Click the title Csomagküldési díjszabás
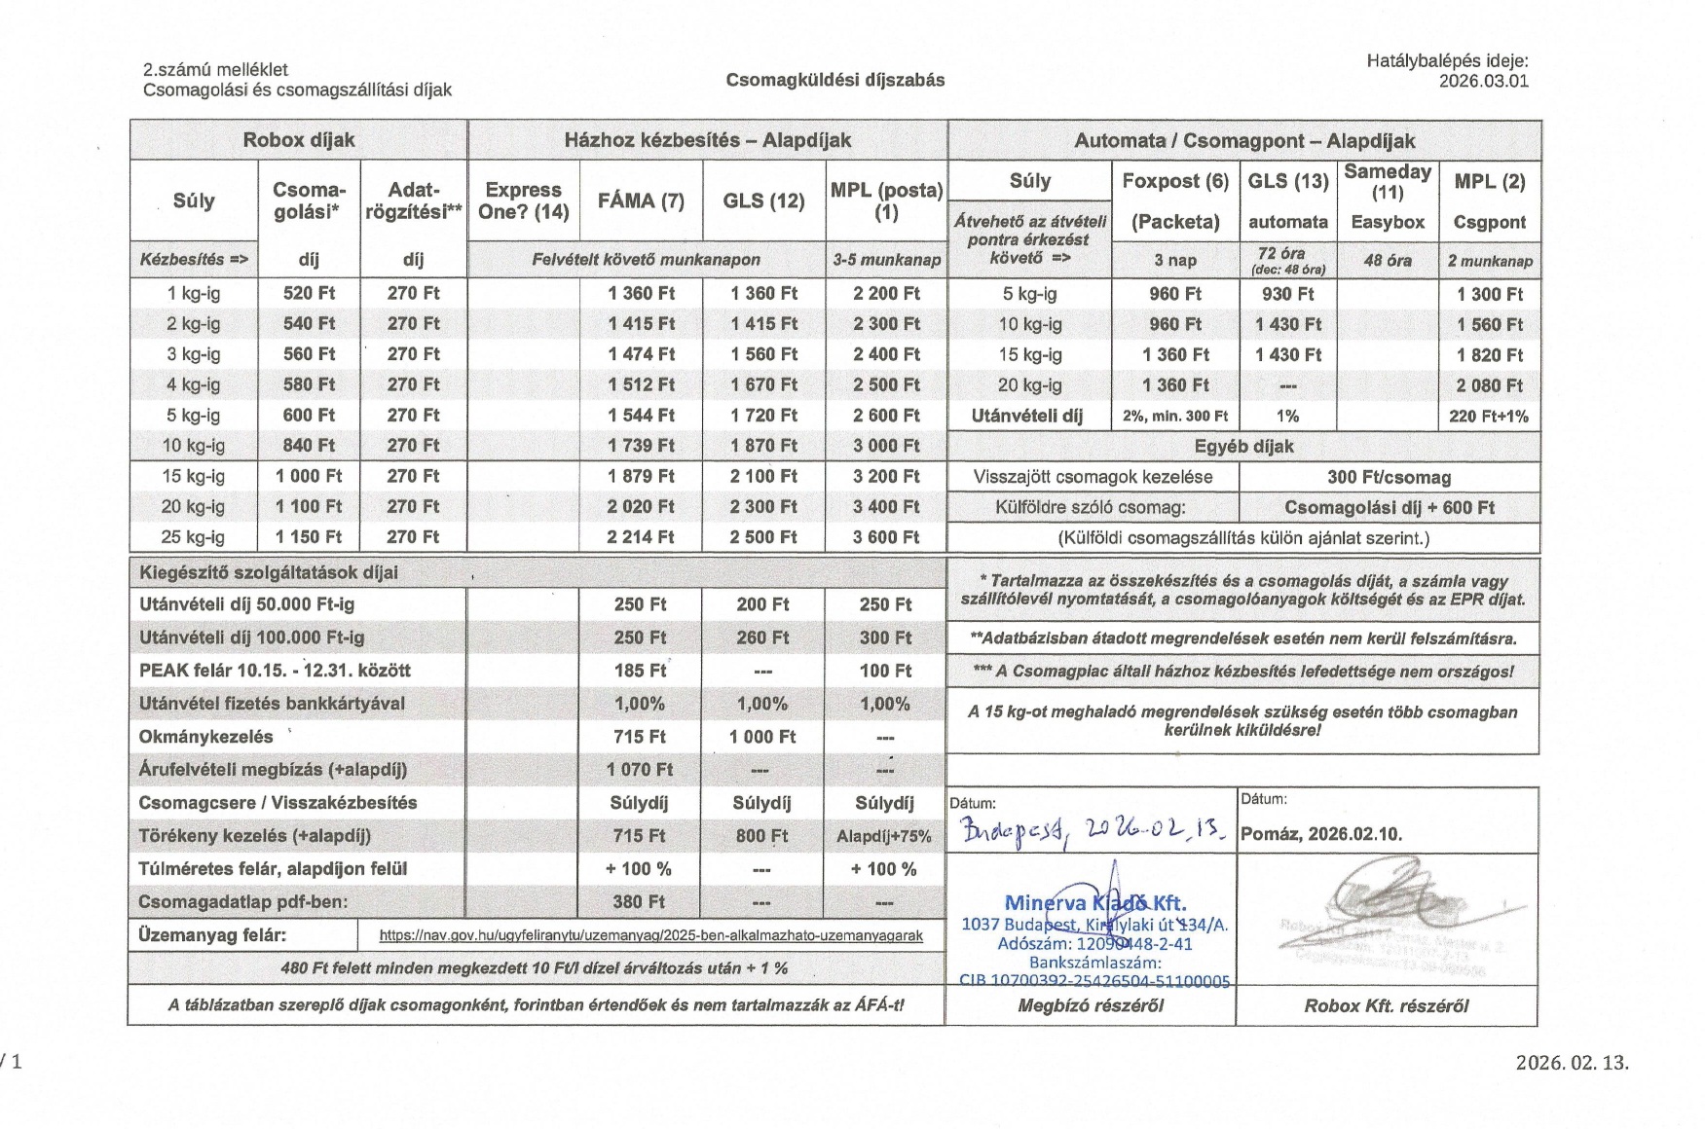click(834, 80)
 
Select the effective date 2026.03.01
click(1483, 81)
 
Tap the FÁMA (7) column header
click(641, 200)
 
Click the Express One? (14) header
click(523, 200)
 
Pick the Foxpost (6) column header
click(1175, 181)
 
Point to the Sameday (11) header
click(1387, 181)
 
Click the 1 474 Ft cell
click(641, 354)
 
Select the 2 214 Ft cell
click(641, 536)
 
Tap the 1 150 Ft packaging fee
click(309, 536)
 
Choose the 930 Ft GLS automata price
click(1287, 294)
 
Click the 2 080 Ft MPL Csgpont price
click(1489, 385)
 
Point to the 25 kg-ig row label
click(193, 536)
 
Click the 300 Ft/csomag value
click(1389, 477)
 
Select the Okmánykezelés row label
click(206, 737)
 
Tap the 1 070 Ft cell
click(640, 769)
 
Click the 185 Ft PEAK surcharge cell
click(640, 671)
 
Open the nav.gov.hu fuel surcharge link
click(650, 935)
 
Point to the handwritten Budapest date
click(1092, 829)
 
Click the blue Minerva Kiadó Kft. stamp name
click(1094, 903)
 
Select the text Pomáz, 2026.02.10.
click(1320, 834)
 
